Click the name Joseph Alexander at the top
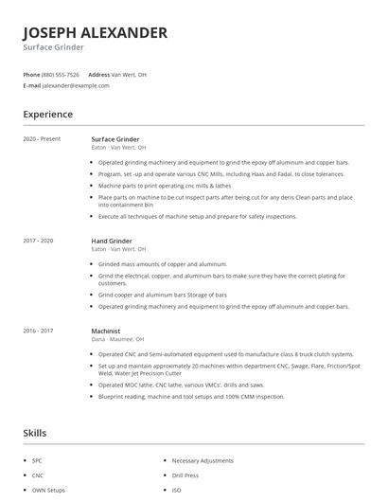95,32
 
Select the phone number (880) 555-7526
62,74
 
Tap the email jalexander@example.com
76,85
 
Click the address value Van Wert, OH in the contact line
129,74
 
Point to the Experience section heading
47,115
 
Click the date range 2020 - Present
42,139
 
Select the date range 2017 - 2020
39,241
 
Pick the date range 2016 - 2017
39,330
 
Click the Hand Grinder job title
112,241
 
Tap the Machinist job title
106,330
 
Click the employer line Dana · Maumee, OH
117,338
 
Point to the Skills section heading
34,433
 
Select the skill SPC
37,459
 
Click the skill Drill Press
186,475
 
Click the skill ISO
176,491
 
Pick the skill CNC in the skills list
38,475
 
